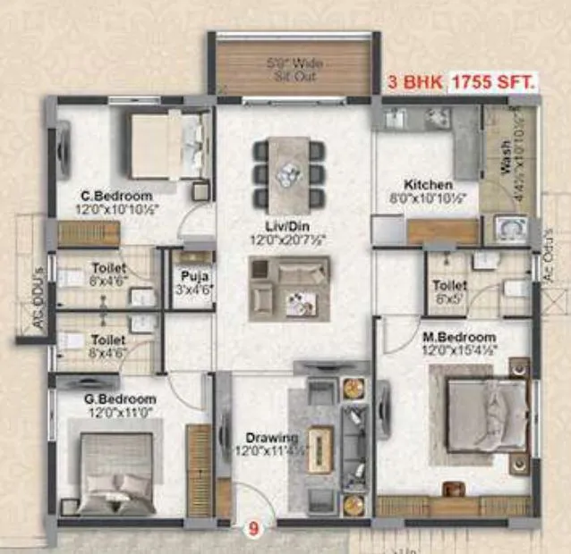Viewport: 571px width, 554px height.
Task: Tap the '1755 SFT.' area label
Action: point(494,83)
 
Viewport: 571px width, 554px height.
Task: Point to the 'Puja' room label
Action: point(187,275)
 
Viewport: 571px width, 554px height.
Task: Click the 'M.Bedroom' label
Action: point(458,337)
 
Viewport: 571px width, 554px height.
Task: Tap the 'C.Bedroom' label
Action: point(116,195)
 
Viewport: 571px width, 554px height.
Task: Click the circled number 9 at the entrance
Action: point(253,528)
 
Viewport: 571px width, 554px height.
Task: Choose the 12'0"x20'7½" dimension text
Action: point(286,240)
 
